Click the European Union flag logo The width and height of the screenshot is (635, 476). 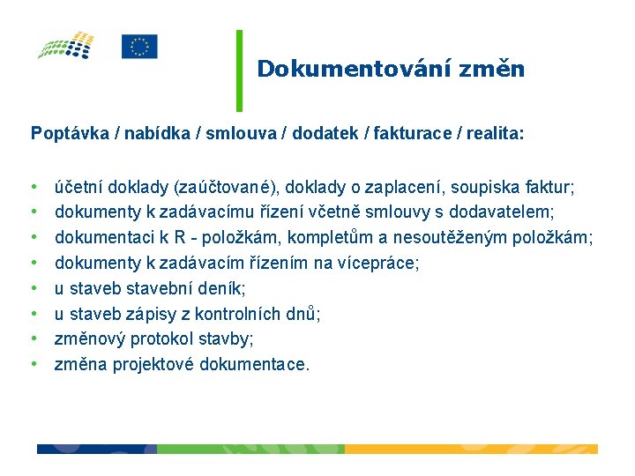click(139, 47)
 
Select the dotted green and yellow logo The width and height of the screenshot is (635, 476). click(66, 45)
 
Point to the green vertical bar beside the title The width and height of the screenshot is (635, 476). click(239, 71)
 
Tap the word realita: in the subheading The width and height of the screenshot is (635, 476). click(494, 134)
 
